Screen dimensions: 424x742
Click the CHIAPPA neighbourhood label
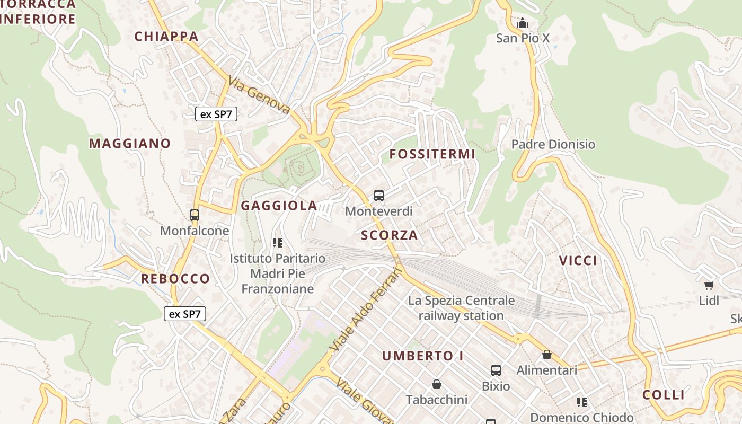coord(166,37)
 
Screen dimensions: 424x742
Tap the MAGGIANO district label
coord(130,144)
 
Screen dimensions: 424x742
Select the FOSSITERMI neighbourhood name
coord(432,154)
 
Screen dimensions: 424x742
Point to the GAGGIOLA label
coord(279,206)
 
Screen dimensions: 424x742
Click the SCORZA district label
coord(390,235)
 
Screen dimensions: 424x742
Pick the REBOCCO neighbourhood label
coord(175,279)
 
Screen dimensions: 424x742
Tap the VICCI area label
coord(578,261)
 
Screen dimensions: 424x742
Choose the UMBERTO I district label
coord(423,356)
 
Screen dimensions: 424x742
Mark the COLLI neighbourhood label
coord(664,395)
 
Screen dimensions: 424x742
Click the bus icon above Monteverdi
coord(379,196)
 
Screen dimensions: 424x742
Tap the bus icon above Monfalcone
coord(195,215)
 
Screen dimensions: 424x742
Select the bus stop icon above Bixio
coord(496,370)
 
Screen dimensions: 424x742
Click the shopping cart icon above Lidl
coord(709,285)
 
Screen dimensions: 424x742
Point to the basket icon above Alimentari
coord(547,355)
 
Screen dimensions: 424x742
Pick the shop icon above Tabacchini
coord(437,384)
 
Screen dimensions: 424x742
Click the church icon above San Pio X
coord(523,23)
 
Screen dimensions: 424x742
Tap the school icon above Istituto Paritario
coord(277,243)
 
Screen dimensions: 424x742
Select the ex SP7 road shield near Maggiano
coord(216,114)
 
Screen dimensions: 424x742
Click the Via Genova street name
coord(260,95)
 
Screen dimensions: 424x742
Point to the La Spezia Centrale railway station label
coord(461,308)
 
